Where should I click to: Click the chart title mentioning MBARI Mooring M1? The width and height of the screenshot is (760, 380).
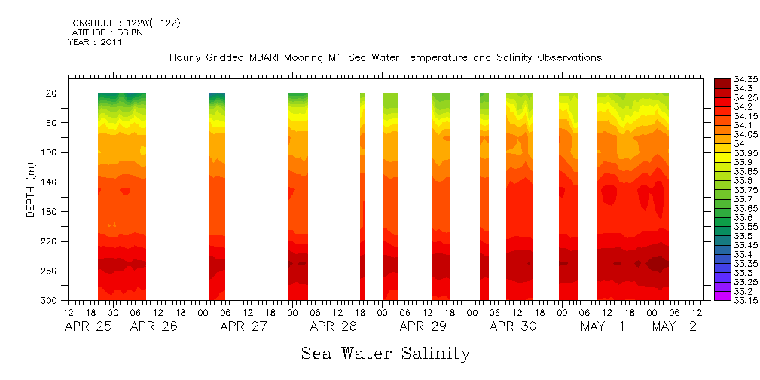click(385, 58)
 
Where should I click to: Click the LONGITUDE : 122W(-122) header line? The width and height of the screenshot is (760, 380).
click(124, 23)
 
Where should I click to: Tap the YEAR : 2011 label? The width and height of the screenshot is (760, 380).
click(94, 43)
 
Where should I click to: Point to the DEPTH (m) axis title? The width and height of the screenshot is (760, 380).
click(31, 192)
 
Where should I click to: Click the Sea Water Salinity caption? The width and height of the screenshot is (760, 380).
click(386, 354)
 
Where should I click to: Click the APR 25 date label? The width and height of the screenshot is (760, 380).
click(88, 327)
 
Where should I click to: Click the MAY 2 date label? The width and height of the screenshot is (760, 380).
click(674, 327)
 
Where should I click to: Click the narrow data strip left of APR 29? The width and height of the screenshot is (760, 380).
click(362, 196)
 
